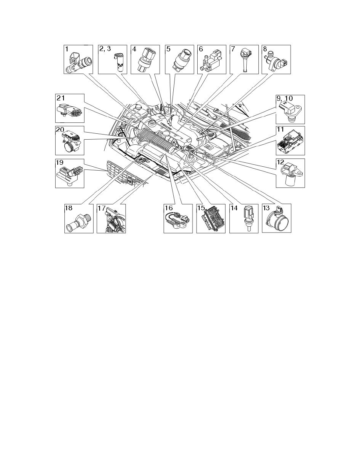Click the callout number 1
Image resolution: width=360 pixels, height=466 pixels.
pyautogui.click(x=67, y=49)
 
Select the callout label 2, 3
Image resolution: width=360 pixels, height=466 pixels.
pyautogui.click(x=104, y=49)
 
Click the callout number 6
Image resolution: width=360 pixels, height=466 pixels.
pyautogui.click(x=200, y=49)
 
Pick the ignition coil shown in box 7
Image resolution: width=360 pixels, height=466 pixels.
pyautogui.click(x=244, y=59)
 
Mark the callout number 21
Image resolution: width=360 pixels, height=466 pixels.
pyautogui.click(x=62, y=98)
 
